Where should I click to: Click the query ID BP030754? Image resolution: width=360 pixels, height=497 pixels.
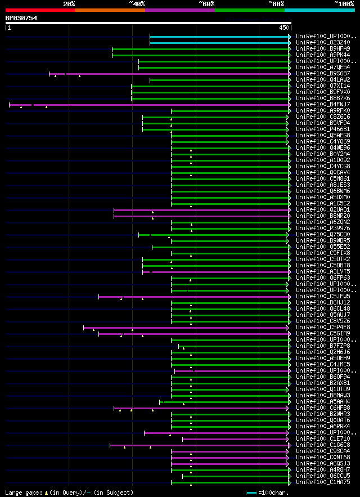pos(21,18)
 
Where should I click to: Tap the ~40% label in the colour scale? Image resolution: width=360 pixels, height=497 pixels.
pos(137,3)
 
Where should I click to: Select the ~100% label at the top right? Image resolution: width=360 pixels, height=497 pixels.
pos(344,3)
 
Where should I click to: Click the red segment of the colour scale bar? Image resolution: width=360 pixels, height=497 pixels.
pos(40,10)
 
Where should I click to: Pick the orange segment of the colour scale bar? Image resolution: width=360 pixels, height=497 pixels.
pos(110,10)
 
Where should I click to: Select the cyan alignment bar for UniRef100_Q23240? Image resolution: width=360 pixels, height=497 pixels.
pos(219,43)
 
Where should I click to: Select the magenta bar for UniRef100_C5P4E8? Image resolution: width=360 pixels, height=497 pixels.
pos(186,328)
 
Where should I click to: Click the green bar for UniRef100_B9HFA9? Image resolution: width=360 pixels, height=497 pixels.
pos(200,49)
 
